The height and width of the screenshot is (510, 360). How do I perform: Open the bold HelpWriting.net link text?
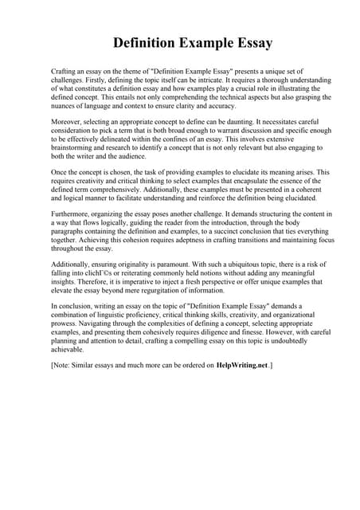[242, 366]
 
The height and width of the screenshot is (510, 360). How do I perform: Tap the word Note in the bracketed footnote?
[64, 366]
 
